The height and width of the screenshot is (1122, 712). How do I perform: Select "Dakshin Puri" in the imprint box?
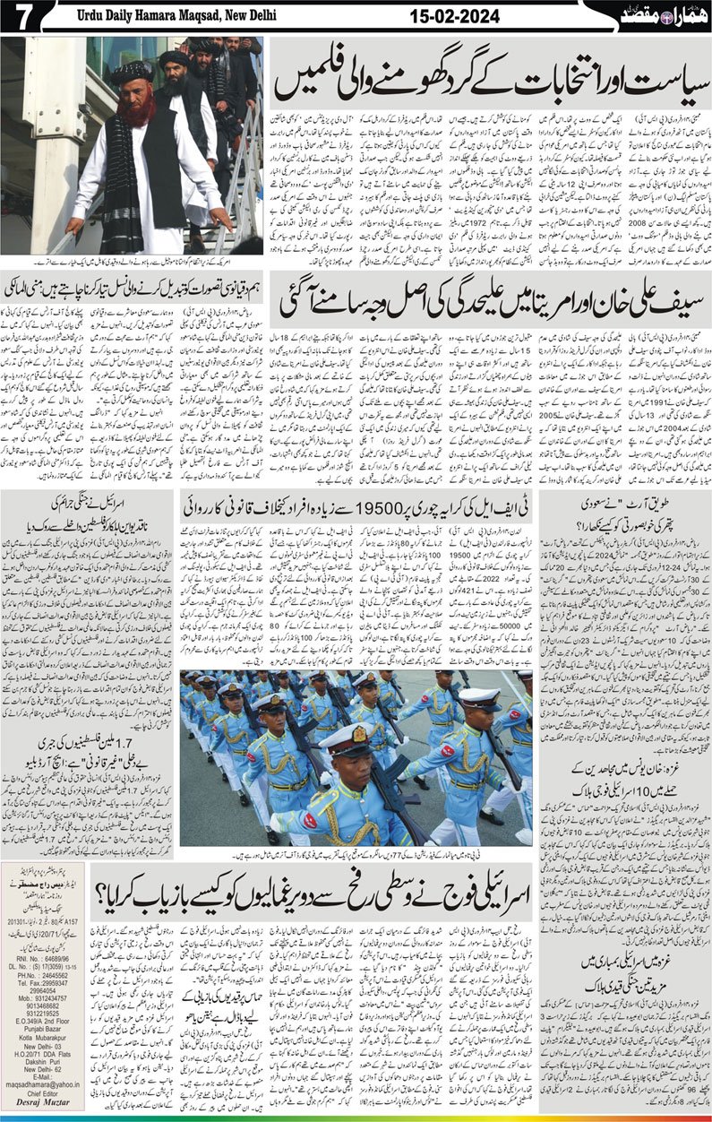click(44, 1063)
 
